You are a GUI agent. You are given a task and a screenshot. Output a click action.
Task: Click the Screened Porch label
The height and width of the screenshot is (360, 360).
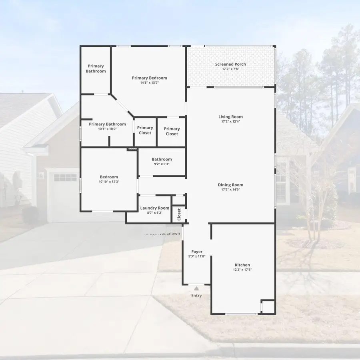pos(230,64)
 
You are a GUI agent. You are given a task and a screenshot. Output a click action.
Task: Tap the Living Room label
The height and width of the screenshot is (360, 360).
pos(230,117)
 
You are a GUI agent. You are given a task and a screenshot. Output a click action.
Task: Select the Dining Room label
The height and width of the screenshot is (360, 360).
pos(230,185)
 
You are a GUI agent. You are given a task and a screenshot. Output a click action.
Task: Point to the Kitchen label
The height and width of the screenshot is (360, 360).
pos(242,265)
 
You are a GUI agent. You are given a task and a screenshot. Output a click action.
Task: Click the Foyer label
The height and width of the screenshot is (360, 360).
pos(197,252)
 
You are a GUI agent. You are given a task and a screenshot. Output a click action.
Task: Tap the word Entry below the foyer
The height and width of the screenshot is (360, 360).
pos(196,296)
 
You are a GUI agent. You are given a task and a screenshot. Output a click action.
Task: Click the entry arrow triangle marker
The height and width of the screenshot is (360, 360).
pos(196,287)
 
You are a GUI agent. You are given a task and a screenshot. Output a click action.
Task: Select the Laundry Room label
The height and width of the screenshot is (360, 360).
pos(155,208)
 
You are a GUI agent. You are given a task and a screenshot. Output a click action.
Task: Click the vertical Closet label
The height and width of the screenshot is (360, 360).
pos(179,214)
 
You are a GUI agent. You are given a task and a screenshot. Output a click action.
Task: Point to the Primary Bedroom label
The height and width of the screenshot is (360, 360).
pos(150,78)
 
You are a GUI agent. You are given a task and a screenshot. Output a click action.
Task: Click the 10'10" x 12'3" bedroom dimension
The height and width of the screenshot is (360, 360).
pos(109,182)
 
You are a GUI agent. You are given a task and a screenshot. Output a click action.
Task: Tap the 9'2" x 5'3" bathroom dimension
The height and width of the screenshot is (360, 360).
pos(162,164)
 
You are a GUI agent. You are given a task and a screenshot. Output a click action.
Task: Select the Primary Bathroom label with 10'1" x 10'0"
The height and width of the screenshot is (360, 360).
pos(107,124)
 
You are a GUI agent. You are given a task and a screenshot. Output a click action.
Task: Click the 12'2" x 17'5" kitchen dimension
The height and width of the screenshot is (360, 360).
pos(242,270)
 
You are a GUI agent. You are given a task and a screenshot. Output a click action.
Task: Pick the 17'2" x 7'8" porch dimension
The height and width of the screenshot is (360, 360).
pos(230,69)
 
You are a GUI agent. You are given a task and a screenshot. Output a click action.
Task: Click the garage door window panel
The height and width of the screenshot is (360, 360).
pos(65,177)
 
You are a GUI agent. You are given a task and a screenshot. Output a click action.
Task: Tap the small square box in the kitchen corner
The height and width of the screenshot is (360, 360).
pos(268,307)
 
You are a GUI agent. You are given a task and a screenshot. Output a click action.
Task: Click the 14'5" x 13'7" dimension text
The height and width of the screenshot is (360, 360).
pos(150,83)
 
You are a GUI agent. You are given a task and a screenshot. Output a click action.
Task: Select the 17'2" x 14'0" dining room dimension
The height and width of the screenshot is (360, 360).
pos(230,190)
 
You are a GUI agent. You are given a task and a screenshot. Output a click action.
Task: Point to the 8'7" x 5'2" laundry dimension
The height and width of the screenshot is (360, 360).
pos(155,213)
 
